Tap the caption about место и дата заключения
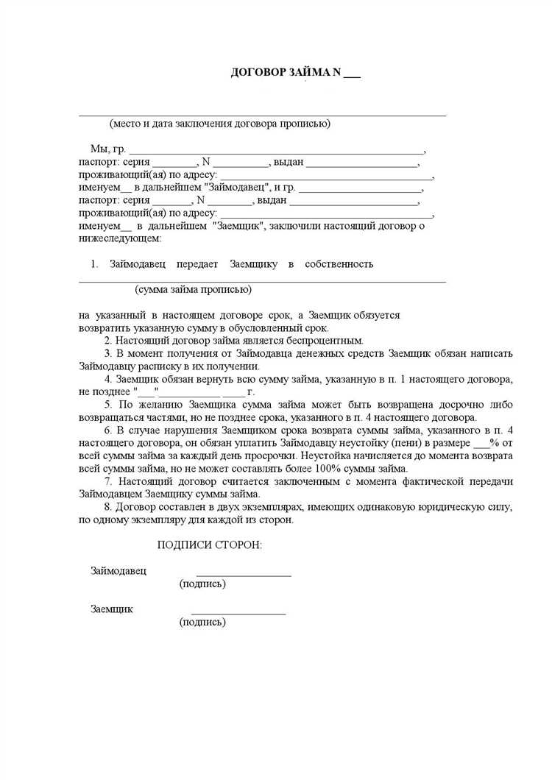220,124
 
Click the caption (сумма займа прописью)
194,289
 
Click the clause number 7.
107,481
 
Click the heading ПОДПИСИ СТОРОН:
210,545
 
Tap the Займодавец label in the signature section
118,570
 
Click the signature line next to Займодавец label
243,575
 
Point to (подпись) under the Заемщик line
202,623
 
